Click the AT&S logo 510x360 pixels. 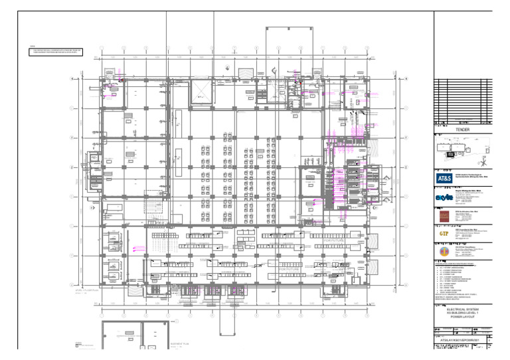pyautogui.click(x=444, y=179)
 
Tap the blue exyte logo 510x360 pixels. pyautogui.click(x=444, y=197)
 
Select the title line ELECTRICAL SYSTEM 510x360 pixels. pyautogui.click(x=462, y=309)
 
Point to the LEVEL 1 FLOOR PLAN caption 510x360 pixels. pyautogui.click(x=86, y=291)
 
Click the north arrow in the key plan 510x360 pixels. pyautogui.click(x=485, y=161)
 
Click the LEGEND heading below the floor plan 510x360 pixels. pyautogui.click(x=78, y=343)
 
